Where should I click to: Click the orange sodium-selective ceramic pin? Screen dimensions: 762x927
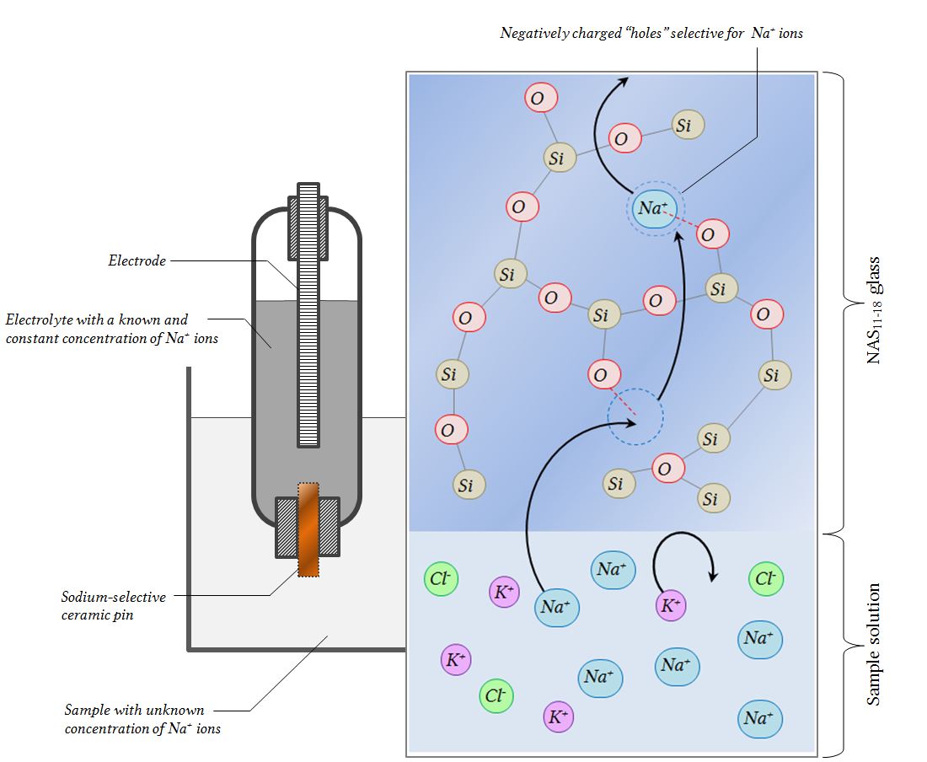coord(308,529)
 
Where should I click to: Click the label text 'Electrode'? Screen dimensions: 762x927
coord(137,261)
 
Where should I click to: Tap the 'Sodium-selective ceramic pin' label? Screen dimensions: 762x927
coord(113,605)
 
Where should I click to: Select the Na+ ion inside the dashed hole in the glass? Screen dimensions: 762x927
coord(653,209)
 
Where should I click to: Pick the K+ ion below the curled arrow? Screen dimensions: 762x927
coord(671,604)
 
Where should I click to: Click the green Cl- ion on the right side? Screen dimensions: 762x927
coord(765,578)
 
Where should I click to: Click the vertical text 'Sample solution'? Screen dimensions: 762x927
coord(874,645)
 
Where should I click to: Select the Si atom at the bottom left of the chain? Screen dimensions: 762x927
coord(466,485)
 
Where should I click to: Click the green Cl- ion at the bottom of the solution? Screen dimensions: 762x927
coord(496,695)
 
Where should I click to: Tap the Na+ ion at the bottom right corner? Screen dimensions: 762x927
coord(758,718)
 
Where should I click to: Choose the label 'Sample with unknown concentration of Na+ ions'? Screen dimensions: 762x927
coord(142,719)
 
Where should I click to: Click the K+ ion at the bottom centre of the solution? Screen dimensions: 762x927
coord(557,716)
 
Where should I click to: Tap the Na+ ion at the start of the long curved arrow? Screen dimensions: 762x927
coord(557,606)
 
